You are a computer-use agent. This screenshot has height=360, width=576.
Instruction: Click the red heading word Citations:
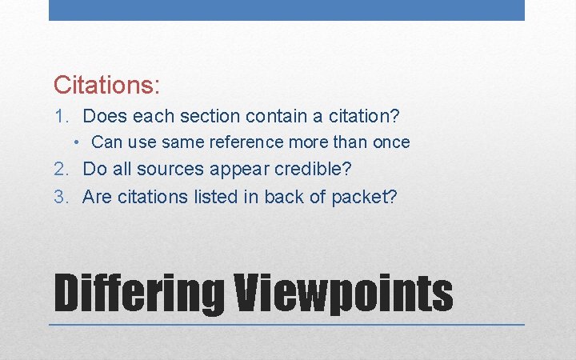[x=107, y=83]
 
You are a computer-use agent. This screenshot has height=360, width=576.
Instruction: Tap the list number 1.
[x=61, y=117]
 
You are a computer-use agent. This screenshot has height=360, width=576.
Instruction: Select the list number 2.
[x=61, y=170]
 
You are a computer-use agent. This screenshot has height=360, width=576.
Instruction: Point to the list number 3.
[x=61, y=197]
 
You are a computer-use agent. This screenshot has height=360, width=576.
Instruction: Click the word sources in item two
[x=170, y=170]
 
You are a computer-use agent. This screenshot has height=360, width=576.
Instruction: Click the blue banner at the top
[x=286, y=10]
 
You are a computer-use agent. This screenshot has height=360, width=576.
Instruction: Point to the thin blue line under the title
[x=286, y=325]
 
